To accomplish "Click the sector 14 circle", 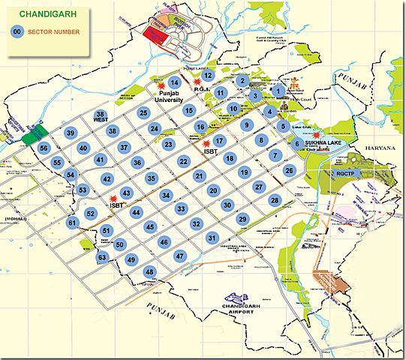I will click(173, 83).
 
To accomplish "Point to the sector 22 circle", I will click(183, 160).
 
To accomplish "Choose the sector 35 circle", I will click(151, 178).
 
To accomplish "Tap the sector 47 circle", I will click(180, 255).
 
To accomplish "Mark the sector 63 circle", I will click(102, 257).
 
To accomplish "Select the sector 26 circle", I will click(289, 170).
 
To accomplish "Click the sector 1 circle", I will click(278, 91).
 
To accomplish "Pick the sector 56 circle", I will click(44, 148).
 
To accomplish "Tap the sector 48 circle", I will click(150, 271).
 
